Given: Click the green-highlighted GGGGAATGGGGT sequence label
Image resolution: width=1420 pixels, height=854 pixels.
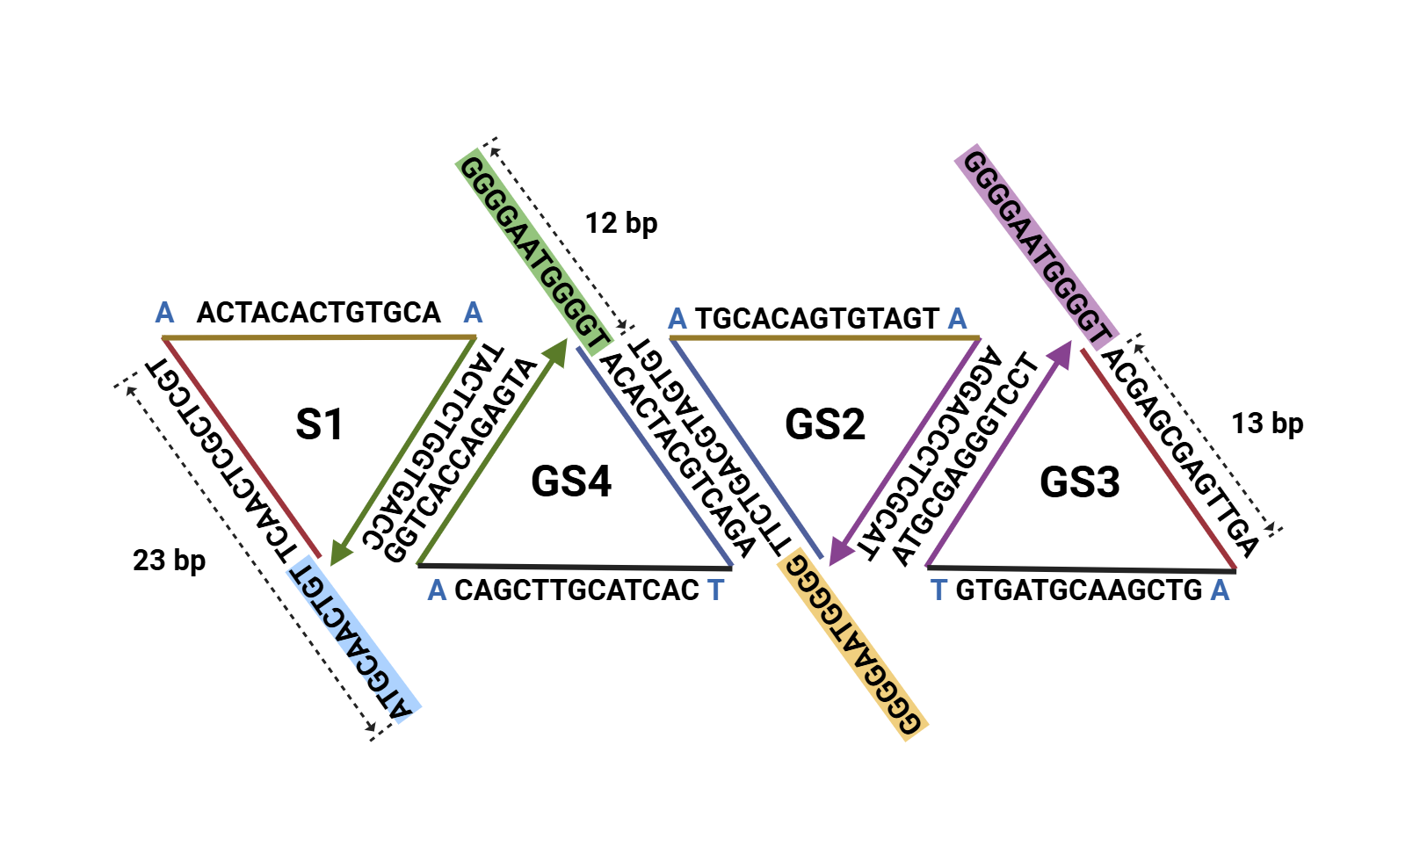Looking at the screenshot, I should pos(533,252).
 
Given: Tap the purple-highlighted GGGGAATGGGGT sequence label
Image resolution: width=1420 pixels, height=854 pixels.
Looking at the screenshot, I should pos(1036,247).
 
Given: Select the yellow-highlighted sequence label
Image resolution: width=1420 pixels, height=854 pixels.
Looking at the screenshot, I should pos(853,644).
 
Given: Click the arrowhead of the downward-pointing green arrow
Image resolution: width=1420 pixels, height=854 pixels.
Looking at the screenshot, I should pos(340,552).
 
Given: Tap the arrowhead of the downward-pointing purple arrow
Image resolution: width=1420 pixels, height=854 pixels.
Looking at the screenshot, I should pos(840,551).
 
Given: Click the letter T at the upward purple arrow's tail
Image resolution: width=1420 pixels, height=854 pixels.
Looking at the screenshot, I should pos(938,590).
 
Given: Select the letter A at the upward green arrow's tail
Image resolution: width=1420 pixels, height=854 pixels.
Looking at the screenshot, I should pos(437,590).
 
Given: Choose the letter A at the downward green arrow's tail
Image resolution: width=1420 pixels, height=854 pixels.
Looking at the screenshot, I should pos(473,313).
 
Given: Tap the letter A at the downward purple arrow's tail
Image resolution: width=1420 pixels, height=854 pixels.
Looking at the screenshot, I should pos(957,318).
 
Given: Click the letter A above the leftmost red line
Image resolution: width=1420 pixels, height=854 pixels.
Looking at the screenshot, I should pos(164,313).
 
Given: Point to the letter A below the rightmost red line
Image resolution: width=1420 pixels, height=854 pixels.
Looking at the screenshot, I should pos(1220,590).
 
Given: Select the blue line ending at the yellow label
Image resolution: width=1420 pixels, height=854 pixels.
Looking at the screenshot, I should pos(747,448).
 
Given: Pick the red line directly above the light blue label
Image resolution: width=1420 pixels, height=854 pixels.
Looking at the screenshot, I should pos(242,447).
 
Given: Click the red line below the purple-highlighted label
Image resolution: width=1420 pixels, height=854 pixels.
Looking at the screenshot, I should pos(1158,460).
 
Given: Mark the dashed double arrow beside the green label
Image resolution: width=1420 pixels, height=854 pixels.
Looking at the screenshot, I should pos(559,237).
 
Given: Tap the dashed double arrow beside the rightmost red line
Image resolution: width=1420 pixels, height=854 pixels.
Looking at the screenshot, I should pos(1205,435).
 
